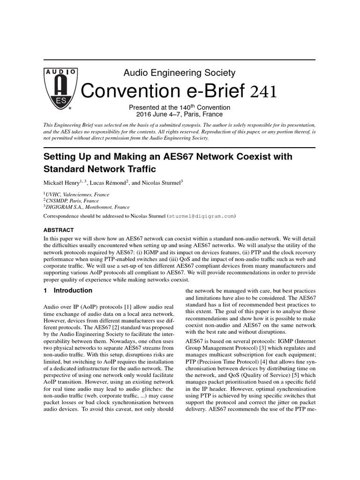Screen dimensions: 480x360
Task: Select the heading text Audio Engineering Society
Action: point(179,73)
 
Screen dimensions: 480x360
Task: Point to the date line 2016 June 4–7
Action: point(180,114)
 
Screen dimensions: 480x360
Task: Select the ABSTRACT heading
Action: point(58,230)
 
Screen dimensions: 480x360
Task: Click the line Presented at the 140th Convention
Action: point(180,107)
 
